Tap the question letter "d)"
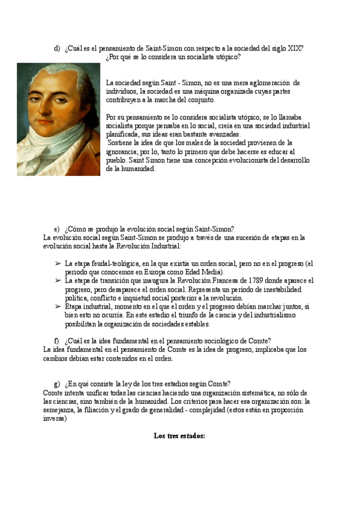(57, 49)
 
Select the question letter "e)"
(57, 229)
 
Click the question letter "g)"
(57, 384)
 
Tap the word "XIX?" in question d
(295, 49)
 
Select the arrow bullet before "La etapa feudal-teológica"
(58, 264)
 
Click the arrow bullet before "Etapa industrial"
(58, 306)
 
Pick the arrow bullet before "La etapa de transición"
(58, 280)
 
